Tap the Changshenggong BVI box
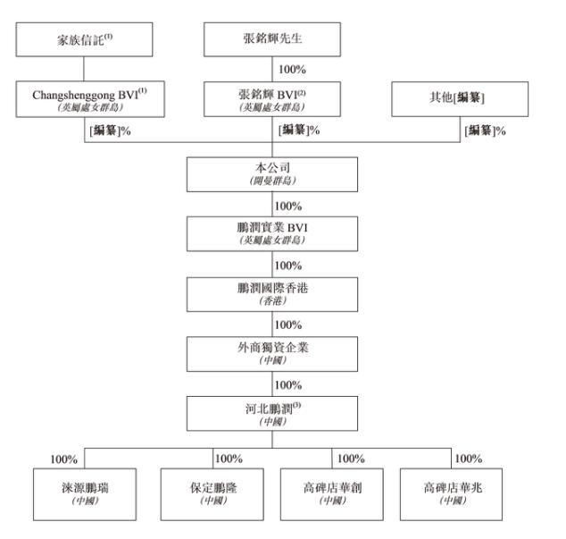tap(82, 98)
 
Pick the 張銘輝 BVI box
tap(272, 98)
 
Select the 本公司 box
tap(272, 173)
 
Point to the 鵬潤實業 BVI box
tap(272, 232)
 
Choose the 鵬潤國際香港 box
tap(272, 292)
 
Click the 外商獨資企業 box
tap(272, 352)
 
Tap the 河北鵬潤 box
tap(272, 412)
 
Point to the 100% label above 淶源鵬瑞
tap(64, 459)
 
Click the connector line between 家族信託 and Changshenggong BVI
tap(82, 68)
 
